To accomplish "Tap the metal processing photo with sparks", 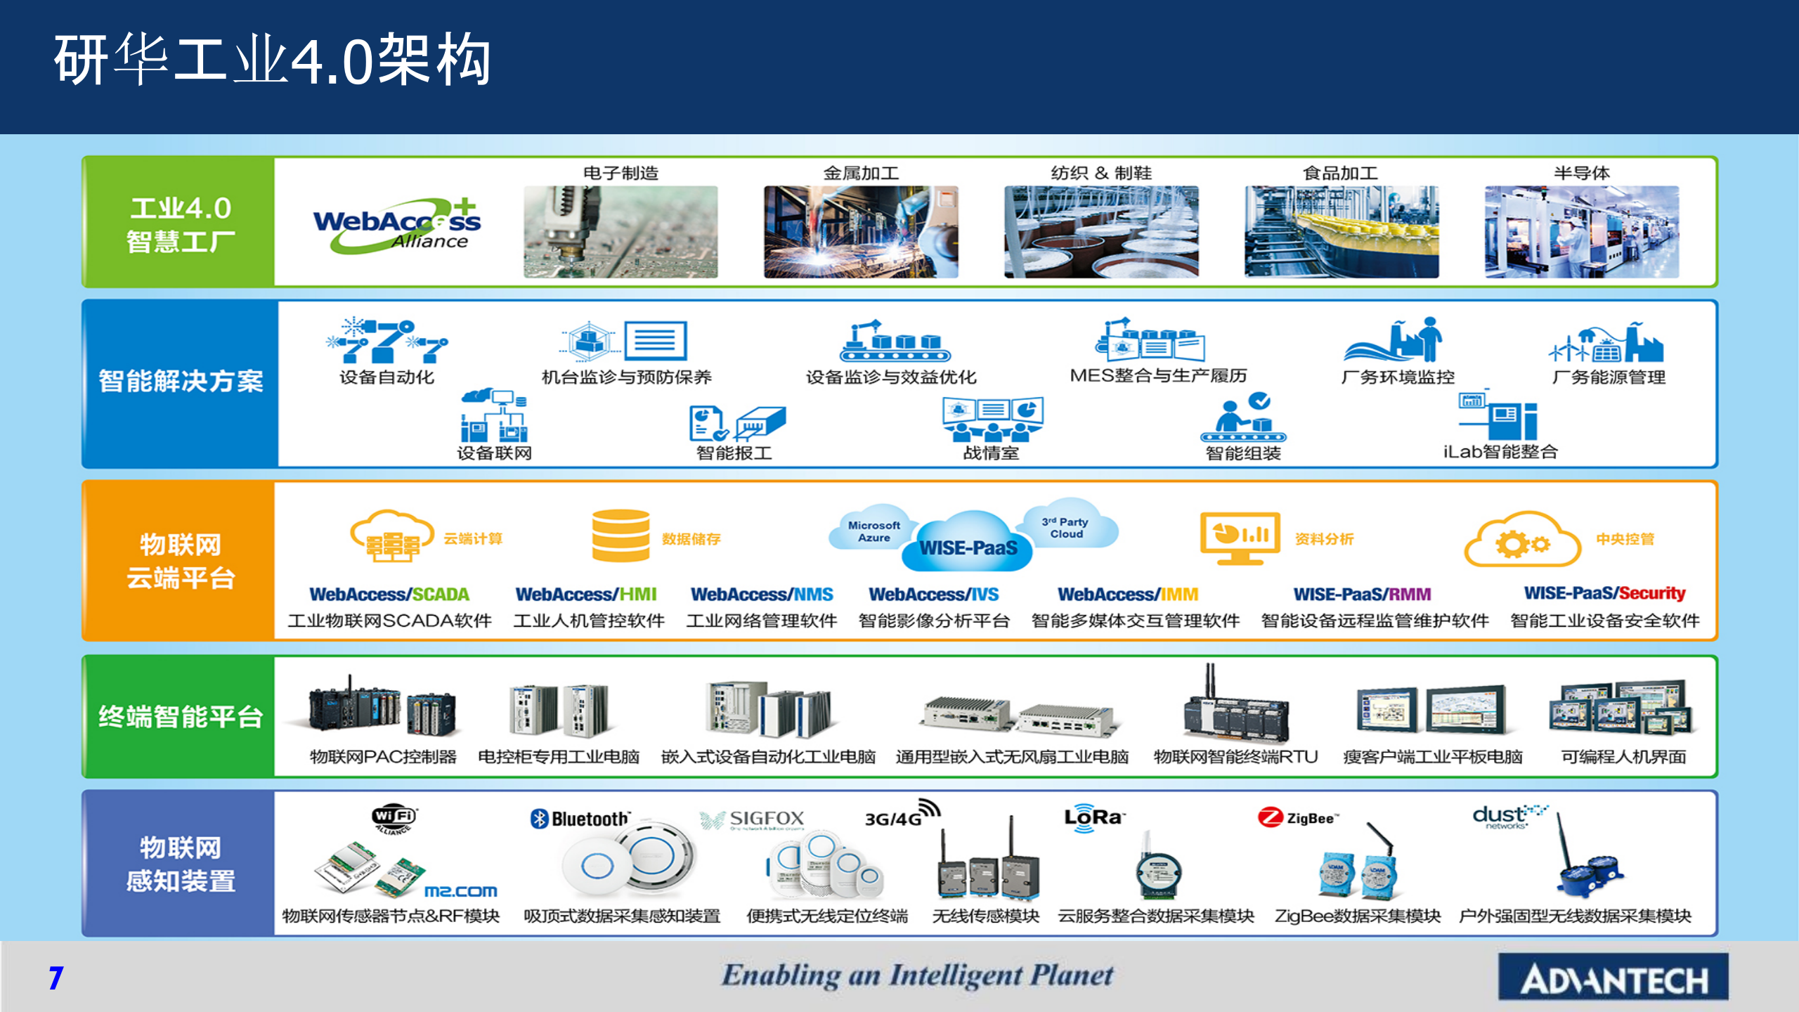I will tap(861, 232).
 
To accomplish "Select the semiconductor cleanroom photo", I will tap(1581, 232).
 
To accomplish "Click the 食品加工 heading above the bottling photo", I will tap(1340, 173).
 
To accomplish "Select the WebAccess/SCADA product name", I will tap(389, 595).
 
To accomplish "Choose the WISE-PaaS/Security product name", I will tap(1604, 593).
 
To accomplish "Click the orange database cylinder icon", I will tap(621, 536).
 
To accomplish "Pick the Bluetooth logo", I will tap(580, 819).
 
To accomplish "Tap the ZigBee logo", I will tap(1299, 817).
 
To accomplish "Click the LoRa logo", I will tap(1093, 817).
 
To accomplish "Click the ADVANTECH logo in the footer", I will tap(1613, 978).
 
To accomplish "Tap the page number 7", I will tap(56, 978).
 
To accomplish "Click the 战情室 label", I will tap(991, 453).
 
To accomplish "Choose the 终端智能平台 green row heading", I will tap(181, 717).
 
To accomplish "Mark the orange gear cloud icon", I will tap(1522, 541).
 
